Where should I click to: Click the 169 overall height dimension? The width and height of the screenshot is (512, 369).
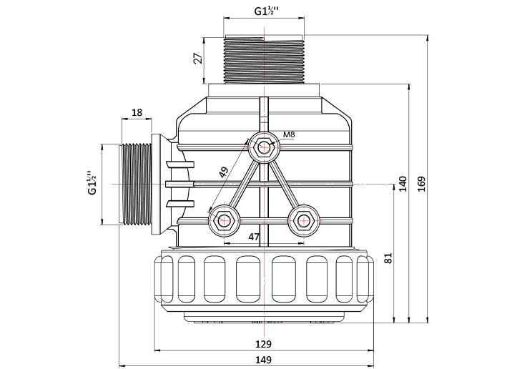point(422,184)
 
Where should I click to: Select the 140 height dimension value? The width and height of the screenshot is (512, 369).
point(403,184)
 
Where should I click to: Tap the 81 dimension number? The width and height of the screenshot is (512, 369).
point(388,258)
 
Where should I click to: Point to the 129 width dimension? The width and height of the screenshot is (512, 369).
point(263,344)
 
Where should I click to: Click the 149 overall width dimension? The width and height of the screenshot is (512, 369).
point(263,360)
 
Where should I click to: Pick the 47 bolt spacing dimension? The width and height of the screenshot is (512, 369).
point(254,237)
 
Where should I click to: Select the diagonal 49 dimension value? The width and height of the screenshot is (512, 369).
point(224,172)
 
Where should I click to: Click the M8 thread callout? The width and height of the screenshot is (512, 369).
point(289,134)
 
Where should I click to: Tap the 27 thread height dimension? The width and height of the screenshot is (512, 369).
point(198,58)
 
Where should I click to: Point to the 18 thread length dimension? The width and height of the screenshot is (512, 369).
point(137,112)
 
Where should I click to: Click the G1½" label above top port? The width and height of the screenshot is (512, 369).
point(267,11)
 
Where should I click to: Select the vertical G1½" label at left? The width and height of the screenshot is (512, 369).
point(92,183)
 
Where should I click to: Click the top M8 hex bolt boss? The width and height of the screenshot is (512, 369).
point(264,147)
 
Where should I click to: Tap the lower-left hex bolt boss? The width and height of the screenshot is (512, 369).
point(224,221)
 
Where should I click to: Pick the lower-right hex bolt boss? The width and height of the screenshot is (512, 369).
point(303,221)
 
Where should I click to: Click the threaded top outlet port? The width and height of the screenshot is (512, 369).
point(264,59)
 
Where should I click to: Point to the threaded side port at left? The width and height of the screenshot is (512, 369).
point(136,184)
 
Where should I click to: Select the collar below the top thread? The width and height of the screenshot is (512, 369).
point(264,90)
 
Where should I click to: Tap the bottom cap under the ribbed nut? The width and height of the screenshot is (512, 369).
point(264,317)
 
